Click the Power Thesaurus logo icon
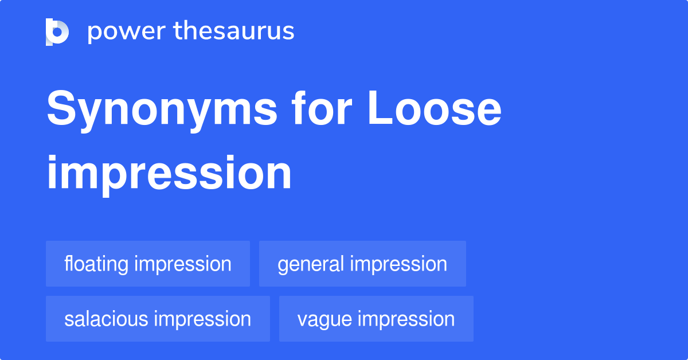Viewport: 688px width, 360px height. coord(57,32)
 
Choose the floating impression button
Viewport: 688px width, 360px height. coord(148,264)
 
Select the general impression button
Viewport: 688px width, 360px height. coord(362,264)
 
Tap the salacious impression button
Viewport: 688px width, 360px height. coord(158,319)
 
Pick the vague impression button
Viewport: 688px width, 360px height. coord(376,319)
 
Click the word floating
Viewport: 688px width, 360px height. coord(96,264)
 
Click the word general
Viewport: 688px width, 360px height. coord(311,264)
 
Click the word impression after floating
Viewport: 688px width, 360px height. coord(182,264)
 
